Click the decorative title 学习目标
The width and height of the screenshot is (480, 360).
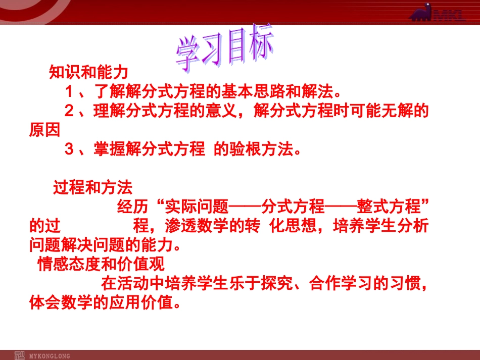coord(225,50)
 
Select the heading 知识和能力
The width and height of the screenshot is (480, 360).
coord(88,73)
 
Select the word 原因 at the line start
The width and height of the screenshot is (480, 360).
coord(44,130)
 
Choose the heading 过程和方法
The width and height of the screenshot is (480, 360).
coord(92,188)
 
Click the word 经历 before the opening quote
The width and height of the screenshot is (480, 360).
coord(132,207)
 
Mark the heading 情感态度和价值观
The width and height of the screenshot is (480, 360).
coord(101,265)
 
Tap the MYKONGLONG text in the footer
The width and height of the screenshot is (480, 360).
coord(50,355)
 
